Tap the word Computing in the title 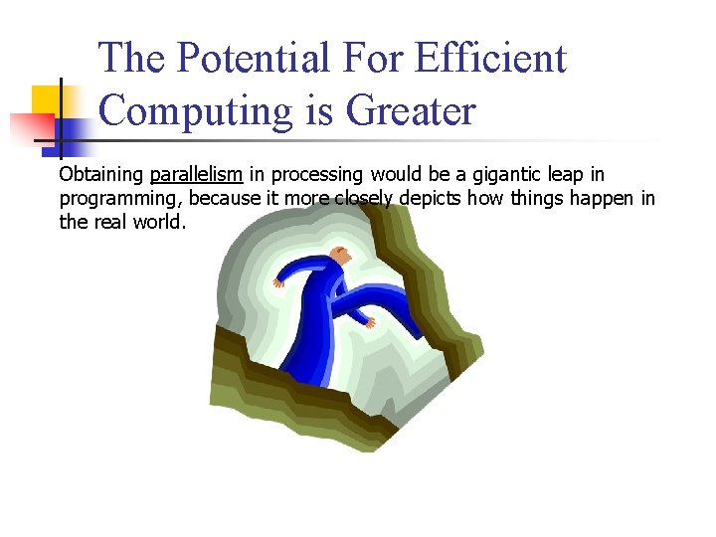[x=190, y=110]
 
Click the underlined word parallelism [x=196, y=175]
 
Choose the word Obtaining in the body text [x=101, y=175]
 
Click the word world [x=159, y=221]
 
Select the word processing [x=319, y=175]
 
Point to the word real [x=109, y=221]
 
